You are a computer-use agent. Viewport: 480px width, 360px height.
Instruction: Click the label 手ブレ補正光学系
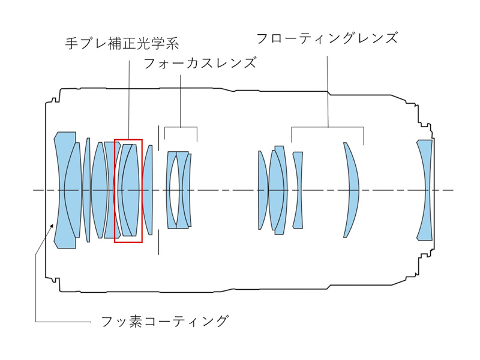(122, 43)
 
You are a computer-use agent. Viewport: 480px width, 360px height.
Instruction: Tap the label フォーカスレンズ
(200, 62)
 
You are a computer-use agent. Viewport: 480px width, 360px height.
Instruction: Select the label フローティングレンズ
(327, 38)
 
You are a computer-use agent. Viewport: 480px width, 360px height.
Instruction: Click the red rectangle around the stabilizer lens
(142, 180)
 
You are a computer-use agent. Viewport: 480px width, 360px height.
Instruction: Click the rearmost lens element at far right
(425, 190)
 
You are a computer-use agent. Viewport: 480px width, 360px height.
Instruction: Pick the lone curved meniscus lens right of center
(352, 190)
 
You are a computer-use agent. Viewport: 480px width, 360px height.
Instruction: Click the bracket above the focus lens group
(181, 127)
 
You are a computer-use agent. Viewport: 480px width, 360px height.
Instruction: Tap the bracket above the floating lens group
(328, 127)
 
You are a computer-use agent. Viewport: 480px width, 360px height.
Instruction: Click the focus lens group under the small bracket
(179, 190)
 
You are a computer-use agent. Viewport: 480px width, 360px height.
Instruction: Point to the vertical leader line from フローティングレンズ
(328, 90)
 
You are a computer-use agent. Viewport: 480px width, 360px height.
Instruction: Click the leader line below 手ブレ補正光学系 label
(129, 96)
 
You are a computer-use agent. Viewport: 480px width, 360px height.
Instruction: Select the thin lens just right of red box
(148, 190)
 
